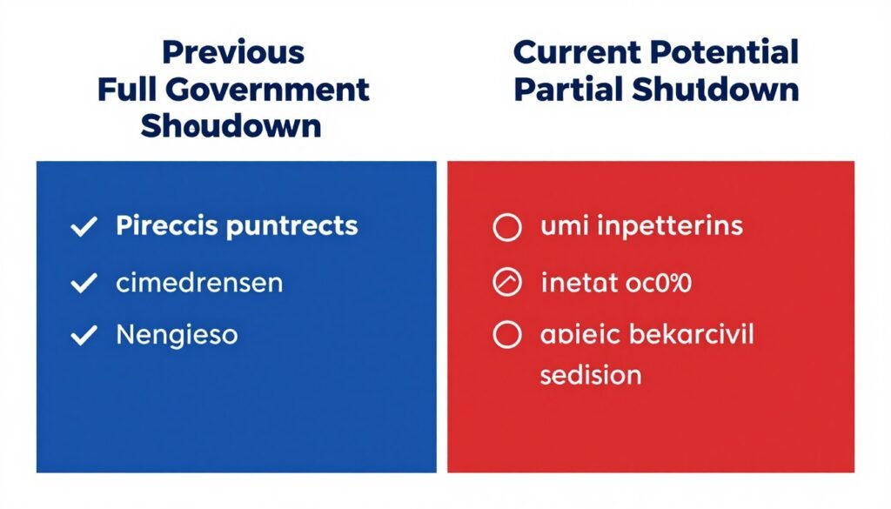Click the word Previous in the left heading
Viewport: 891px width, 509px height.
click(233, 52)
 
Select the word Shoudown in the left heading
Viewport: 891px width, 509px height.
click(231, 126)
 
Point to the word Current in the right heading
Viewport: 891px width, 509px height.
click(575, 52)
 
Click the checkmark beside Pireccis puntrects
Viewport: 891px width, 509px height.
click(84, 228)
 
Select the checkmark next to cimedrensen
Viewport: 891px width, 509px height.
click(84, 283)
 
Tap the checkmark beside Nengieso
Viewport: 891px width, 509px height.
click(84, 336)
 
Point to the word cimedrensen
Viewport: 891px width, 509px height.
click(198, 282)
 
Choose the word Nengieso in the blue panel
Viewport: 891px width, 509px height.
click(177, 335)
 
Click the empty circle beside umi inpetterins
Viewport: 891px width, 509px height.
click(506, 228)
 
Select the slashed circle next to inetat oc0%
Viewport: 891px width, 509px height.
click(506, 283)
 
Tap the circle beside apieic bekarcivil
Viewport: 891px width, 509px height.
click(506, 336)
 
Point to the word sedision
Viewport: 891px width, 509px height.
click(591, 375)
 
